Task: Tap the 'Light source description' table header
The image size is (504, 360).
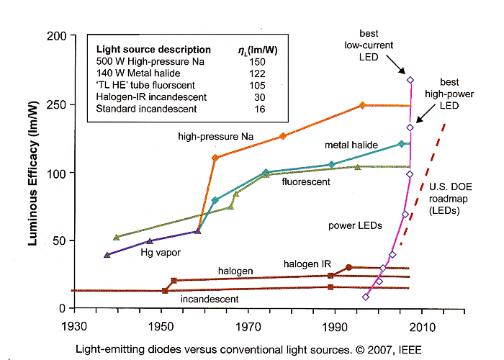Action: [x=153, y=50]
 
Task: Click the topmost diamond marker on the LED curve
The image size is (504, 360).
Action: [x=410, y=80]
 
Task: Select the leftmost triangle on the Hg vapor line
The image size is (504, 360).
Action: [x=107, y=255]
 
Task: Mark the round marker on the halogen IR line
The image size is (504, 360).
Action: [x=349, y=267]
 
